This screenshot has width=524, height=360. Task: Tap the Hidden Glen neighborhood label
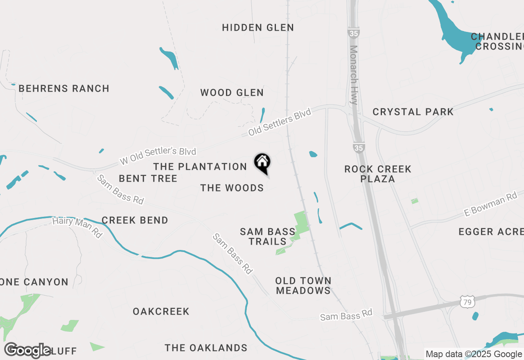click(258, 28)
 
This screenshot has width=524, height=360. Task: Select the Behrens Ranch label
click(64, 89)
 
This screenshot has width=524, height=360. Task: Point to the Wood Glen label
click(232, 93)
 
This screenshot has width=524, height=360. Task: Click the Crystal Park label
click(413, 112)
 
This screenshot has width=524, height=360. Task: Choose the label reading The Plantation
click(200, 167)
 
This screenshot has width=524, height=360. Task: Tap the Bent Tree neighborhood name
click(148, 179)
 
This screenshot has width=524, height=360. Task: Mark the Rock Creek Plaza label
click(377, 174)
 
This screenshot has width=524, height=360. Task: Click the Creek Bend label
click(135, 220)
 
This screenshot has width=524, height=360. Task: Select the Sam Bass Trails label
click(267, 236)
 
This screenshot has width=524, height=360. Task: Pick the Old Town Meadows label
click(303, 286)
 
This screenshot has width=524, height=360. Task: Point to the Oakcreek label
click(161, 312)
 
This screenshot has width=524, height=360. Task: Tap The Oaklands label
click(206, 348)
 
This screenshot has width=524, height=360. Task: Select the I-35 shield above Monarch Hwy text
click(353, 33)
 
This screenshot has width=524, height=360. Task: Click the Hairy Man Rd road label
click(77, 227)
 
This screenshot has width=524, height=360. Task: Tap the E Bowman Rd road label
click(490, 204)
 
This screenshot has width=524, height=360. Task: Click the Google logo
click(28, 350)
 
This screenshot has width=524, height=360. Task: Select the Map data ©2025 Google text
click(474, 354)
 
